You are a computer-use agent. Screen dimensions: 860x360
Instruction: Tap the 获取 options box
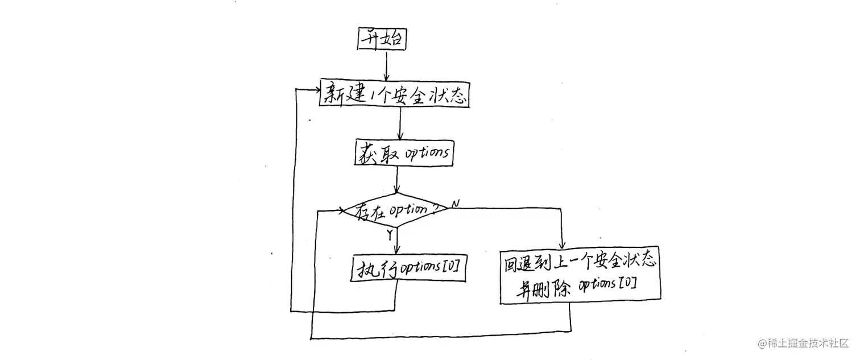pyautogui.click(x=404, y=153)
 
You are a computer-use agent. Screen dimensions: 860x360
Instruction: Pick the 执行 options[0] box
pyautogui.click(x=408, y=268)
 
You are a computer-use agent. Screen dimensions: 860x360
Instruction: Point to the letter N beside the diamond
pyautogui.click(x=456, y=203)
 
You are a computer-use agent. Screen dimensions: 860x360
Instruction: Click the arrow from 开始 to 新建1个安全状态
pyautogui.click(x=386, y=66)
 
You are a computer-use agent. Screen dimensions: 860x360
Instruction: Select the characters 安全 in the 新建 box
pyautogui.click(x=408, y=94)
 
